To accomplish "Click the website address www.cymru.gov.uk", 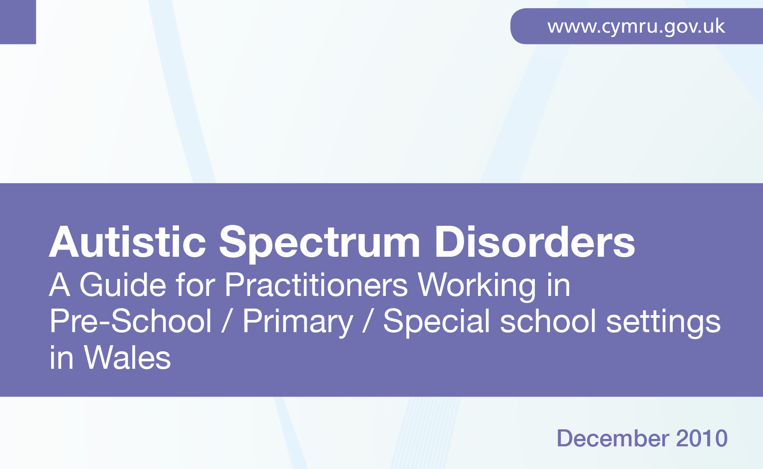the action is click(x=636, y=27).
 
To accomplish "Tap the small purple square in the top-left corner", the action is click(x=18, y=22).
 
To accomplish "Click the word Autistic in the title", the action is click(x=127, y=242).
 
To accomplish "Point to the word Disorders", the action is click(x=535, y=242).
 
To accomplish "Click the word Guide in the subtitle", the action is click(x=123, y=285).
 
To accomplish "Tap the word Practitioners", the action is click(x=316, y=285).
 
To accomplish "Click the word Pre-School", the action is click(x=131, y=321).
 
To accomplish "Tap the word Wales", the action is click(x=127, y=357).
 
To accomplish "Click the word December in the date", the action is click(x=613, y=438).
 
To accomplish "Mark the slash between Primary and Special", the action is click(x=368, y=321).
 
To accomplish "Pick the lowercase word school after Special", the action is click(x=548, y=321).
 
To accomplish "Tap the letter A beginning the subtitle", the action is click(x=60, y=285).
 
